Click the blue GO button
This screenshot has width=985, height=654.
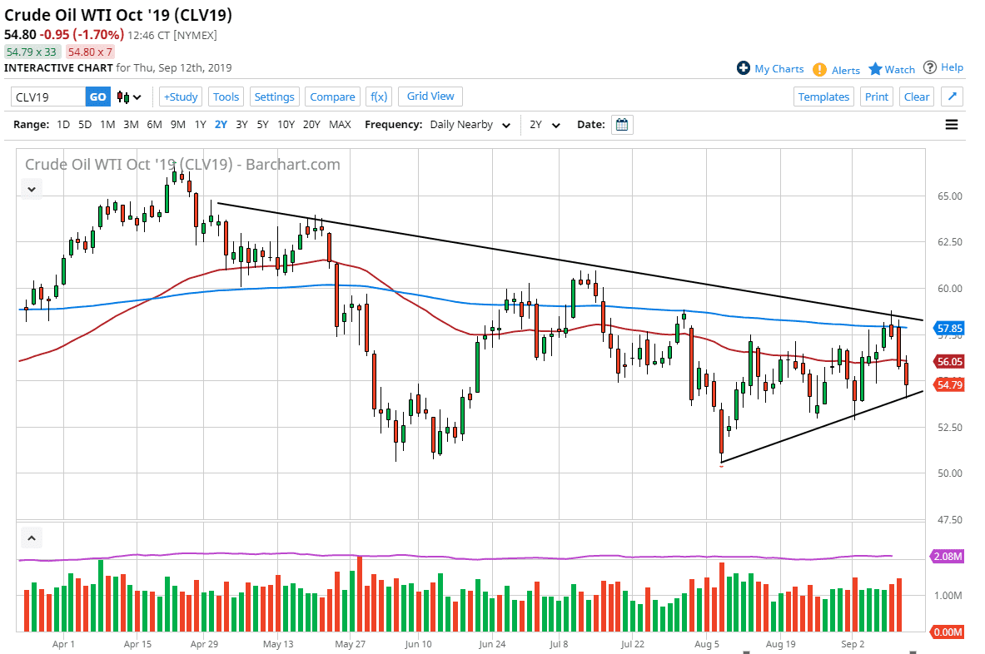(x=97, y=97)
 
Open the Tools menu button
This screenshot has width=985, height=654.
(x=226, y=97)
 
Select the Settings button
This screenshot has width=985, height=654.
(x=274, y=97)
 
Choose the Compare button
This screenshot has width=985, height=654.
(x=332, y=97)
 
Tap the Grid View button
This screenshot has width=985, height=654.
(x=430, y=97)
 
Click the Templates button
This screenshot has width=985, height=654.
(x=823, y=97)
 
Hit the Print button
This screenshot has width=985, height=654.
(x=876, y=97)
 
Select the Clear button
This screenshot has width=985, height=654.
(x=916, y=97)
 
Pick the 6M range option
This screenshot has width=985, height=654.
(x=154, y=125)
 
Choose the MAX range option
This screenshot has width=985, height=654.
(x=340, y=125)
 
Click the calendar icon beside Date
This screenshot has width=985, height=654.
(x=622, y=125)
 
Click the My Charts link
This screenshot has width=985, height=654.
(x=770, y=69)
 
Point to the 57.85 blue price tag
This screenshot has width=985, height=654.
(x=949, y=329)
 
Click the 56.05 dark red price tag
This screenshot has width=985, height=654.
(x=949, y=362)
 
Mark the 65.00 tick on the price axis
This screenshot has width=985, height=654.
(x=949, y=196)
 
